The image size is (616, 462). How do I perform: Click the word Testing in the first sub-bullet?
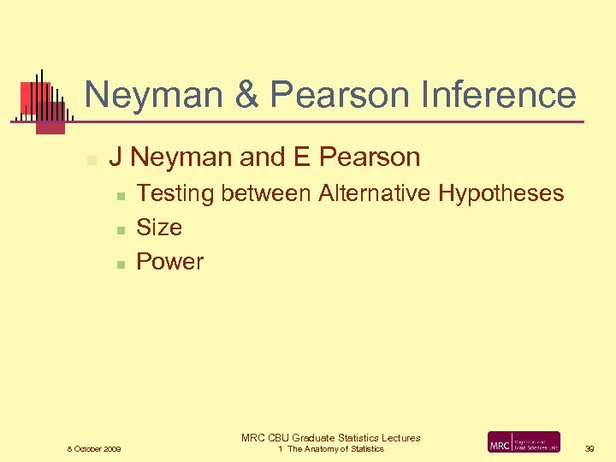pyautogui.click(x=175, y=193)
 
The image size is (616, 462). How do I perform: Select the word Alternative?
pyautogui.click(x=375, y=193)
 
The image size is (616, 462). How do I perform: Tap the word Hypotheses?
pyautogui.click(x=501, y=193)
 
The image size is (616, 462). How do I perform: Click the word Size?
pyautogui.click(x=159, y=228)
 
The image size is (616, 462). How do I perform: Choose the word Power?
pyautogui.click(x=170, y=262)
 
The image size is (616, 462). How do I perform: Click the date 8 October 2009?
pyautogui.click(x=94, y=449)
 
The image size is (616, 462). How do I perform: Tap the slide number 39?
pyautogui.click(x=589, y=449)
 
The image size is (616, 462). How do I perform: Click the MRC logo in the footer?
pyautogui.click(x=524, y=442)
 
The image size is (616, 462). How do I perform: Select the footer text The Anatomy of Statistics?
pyautogui.click(x=335, y=449)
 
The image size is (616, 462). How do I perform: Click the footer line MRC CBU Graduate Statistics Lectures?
pyautogui.click(x=331, y=438)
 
